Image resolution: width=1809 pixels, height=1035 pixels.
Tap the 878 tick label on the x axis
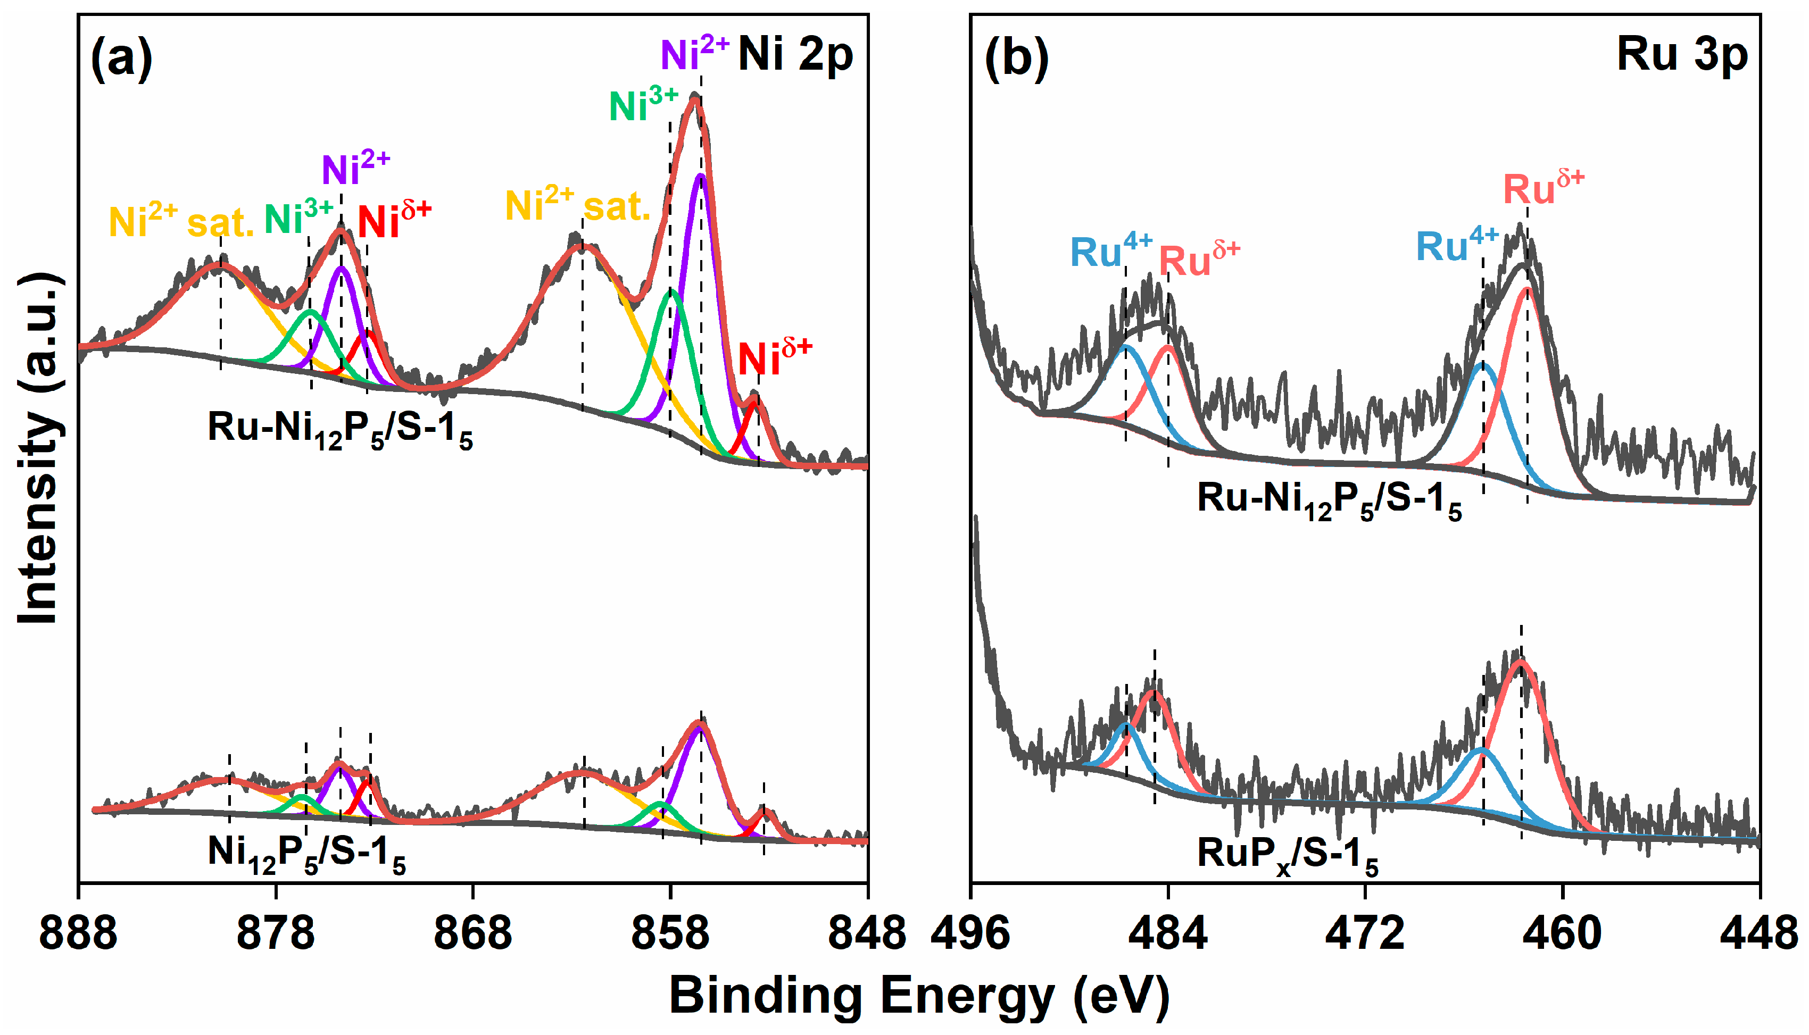pyautogui.click(x=276, y=933)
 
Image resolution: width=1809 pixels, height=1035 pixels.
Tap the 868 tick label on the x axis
pyautogui.click(x=473, y=933)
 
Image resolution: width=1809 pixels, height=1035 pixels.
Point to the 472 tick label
pyautogui.click(x=1365, y=933)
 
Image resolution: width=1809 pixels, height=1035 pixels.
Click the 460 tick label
pyautogui.click(x=1562, y=933)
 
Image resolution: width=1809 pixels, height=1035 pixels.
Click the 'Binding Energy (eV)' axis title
pyautogui.click(x=919, y=995)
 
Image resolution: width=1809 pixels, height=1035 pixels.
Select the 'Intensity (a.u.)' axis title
pyautogui.click(x=39, y=448)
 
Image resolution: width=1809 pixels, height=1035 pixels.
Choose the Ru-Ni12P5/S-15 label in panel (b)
pyautogui.click(x=1329, y=500)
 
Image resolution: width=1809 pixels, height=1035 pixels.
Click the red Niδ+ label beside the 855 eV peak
pyautogui.click(x=774, y=357)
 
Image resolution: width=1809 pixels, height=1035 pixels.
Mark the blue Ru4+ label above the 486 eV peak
pyautogui.click(x=1111, y=250)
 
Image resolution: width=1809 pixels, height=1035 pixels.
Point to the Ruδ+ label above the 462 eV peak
pyautogui.click(x=1543, y=188)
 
